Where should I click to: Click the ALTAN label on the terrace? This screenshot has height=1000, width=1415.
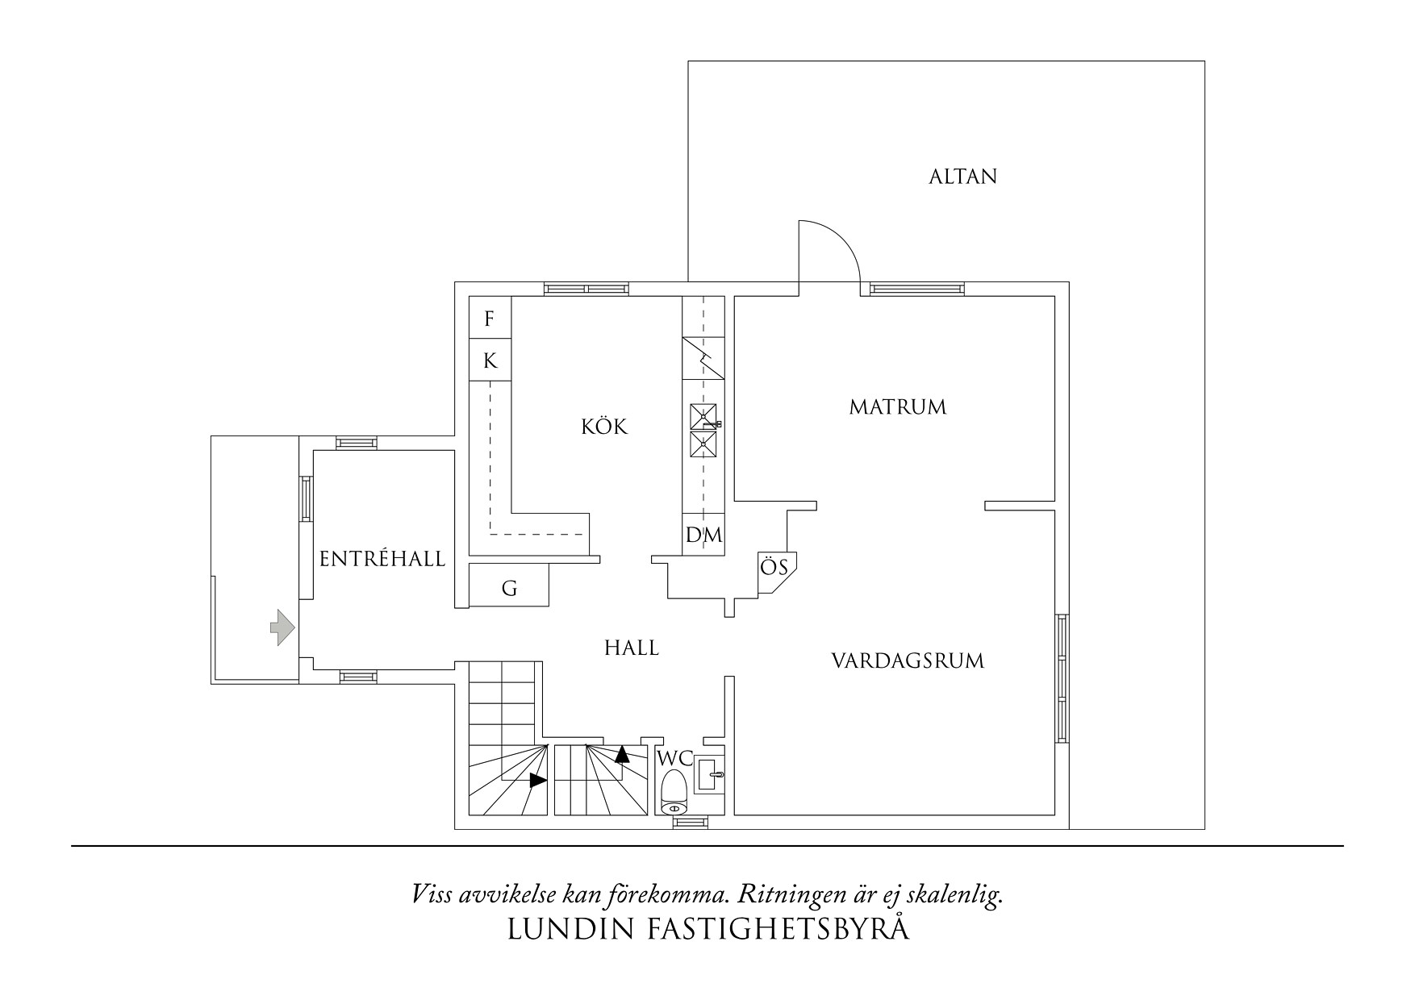(962, 177)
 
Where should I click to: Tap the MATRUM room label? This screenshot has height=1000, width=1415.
(897, 407)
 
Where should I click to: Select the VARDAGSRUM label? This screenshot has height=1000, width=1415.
(908, 662)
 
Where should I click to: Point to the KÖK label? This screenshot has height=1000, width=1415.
(604, 427)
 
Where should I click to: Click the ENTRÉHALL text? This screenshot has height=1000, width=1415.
(382, 559)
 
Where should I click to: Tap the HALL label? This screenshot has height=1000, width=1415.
(632, 648)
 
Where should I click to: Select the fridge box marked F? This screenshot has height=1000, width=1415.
(490, 319)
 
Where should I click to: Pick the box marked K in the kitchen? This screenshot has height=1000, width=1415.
(490, 360)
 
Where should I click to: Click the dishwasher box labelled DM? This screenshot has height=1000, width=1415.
(703, 535)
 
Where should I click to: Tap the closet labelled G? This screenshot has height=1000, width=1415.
(509, 588)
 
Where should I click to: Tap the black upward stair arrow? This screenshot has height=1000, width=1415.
(622, 755)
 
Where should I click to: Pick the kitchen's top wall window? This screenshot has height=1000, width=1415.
(586, 289)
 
